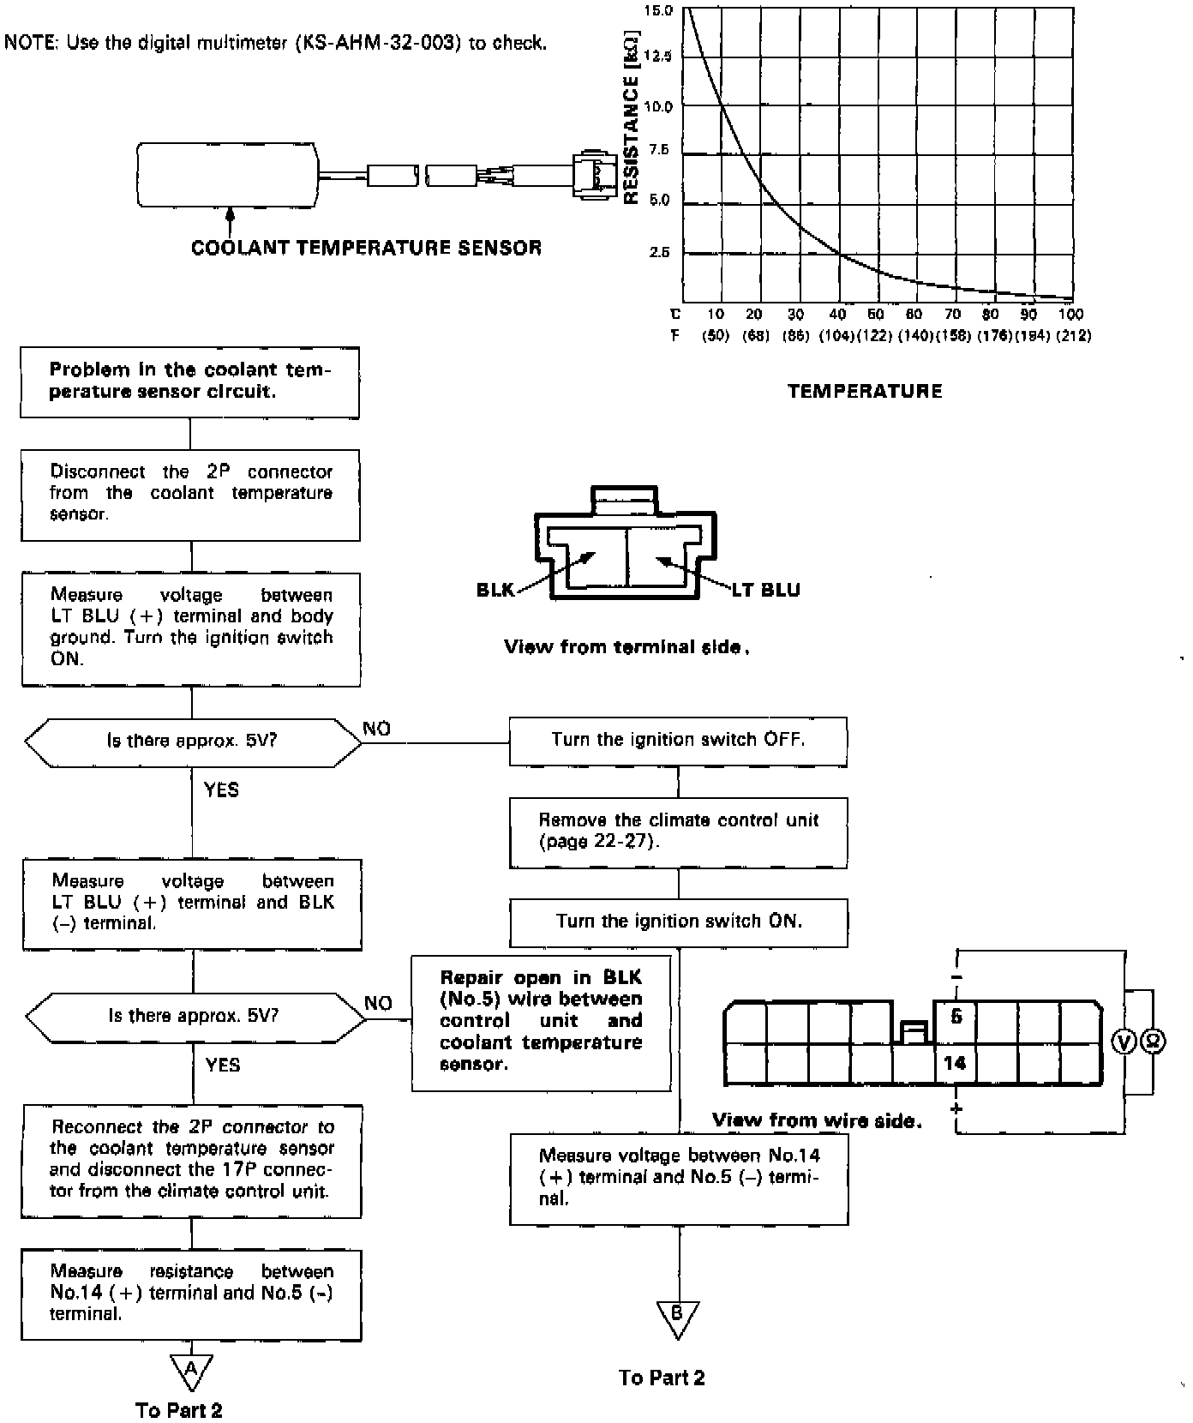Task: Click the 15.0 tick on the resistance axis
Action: pos(661,11)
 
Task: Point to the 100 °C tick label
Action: pos(1070,315)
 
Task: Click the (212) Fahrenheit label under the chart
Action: pos(1074,336)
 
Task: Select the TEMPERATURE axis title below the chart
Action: pos(865,392)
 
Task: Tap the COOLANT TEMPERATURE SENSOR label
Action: pos(366,249)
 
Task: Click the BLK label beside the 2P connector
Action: pos(495,590)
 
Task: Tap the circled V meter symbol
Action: pos(1124,1042)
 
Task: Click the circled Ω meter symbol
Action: pos(1154,1042)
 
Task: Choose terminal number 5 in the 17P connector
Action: pos(956,1017)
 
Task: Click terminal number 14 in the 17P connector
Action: pos(955,1064)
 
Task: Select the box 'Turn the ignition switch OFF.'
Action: pos(678,741)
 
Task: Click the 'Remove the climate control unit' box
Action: pos(678,832)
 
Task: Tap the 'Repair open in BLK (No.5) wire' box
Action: pos(541,1022)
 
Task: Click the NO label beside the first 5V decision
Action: pos(377,729)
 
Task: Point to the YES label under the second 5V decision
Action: pos(223,1065)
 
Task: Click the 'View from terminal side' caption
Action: pos(626,647)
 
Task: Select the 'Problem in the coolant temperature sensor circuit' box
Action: pos(189,381)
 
